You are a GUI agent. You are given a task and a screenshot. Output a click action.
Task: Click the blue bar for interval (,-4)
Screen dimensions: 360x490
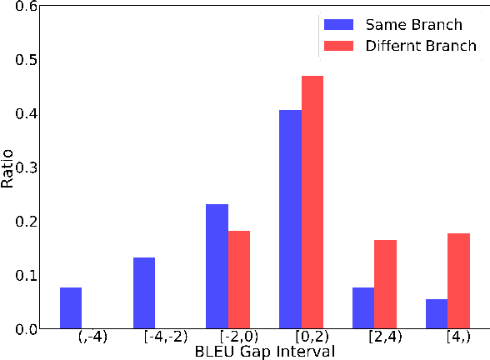[x=71, y=308]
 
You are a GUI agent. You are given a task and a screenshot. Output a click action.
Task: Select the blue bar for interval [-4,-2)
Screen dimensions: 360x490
[x=144, y=293]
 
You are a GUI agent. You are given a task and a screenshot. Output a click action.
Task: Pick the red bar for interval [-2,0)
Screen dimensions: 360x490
[x=239, y=280]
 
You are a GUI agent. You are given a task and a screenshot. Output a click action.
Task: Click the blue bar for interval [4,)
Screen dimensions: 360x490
[x=437, y=314]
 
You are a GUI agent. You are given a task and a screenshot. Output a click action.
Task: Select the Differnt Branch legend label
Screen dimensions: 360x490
[x=421, y=46]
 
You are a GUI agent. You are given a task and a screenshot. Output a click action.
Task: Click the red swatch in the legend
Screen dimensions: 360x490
[x=340, y=46]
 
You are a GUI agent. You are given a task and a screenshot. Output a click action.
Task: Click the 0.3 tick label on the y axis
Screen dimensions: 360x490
[x=27, y=167]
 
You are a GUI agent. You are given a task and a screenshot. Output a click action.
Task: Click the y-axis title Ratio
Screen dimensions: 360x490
[x=8, y=167]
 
